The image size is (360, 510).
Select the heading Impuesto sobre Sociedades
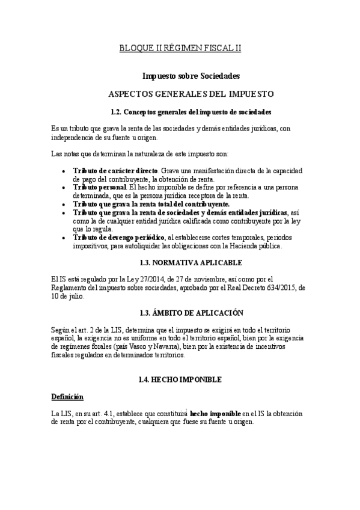tap(191, 76)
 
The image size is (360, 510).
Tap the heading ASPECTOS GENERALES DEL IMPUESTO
tap(191, 94)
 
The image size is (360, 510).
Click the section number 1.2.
tap(117, 112)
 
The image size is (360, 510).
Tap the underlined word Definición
tap(67, 397)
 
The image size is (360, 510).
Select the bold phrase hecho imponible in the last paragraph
tap(215, 414)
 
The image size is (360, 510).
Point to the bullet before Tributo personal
tap(64, 188)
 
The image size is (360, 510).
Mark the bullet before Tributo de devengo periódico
tap(64, 238)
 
